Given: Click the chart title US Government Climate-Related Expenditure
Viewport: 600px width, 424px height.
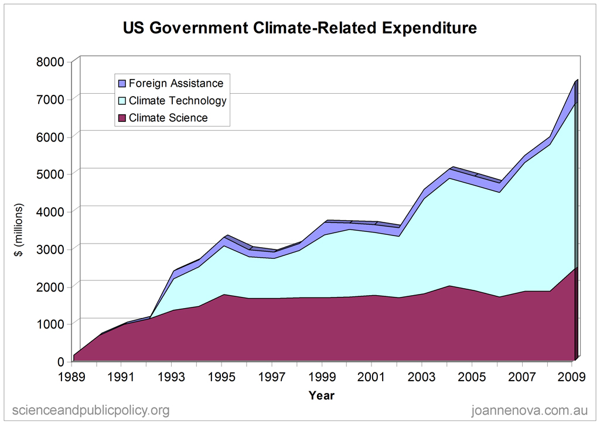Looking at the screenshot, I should (x=299, y=28).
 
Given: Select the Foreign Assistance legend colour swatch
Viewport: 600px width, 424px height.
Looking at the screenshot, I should (x=122, y=83).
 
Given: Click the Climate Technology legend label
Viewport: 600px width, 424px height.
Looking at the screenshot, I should (x=178, y=101).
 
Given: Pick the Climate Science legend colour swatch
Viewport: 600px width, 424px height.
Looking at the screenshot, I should (x=122, y=118).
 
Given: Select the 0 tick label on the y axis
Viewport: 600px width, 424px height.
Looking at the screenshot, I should (x=67, y=361).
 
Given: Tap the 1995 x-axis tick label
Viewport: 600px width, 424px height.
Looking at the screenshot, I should (x=221, y=375).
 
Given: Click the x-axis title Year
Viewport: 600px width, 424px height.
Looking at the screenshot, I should (x=322, y=395).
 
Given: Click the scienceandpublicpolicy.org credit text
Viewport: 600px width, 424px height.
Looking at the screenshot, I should (x=91, y=410).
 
